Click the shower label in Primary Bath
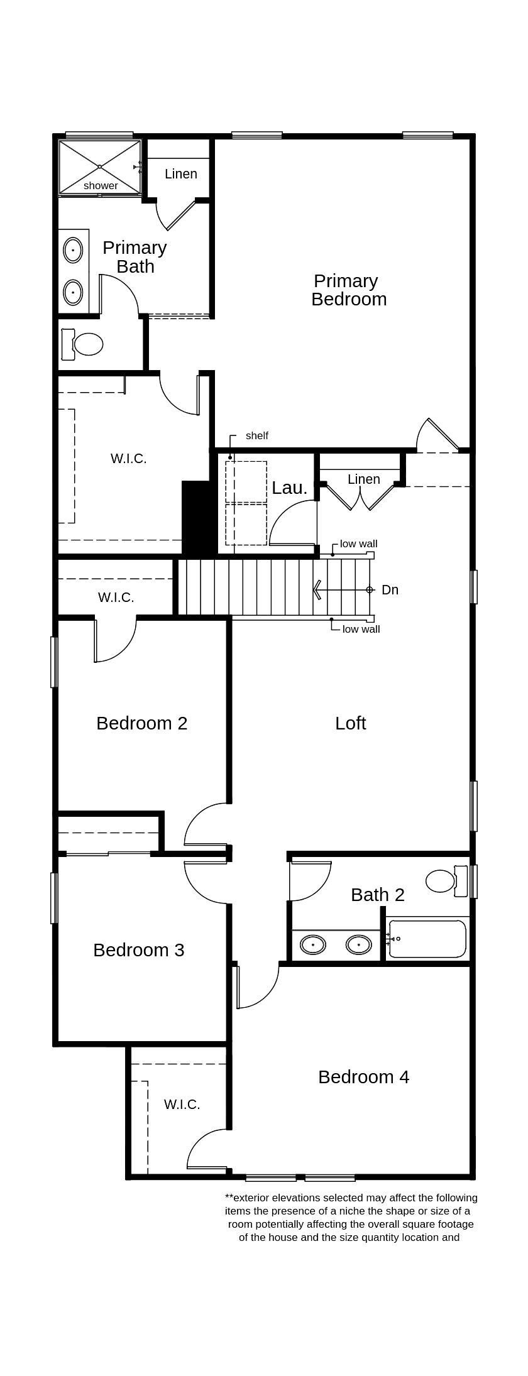pyautogui.click(x=101, y=185)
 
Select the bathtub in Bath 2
pyautogui.click(x=428, y=939)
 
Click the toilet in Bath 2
pyautogui.click(x=443, y=880)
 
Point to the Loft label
pyautogui.click(x=350, y=723)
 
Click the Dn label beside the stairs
pyautogui.click(x=390, y=589)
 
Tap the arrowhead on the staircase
pyautogui.click(x=317, y=589)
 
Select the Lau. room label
pyautogui.click(x=289, y=488)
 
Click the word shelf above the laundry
pyautogui.click(x=256, y=435)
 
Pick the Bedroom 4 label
pyautogui.click(x=363, y=1077)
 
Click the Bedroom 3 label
pyautogui.click(x=138, y=950)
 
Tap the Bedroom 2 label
pyautogui.click(x=141, y=723)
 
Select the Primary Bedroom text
pyautogui.click(x=348, y=290)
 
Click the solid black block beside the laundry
pyautogui.click(x=195, y=517)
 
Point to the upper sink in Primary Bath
pyautogui.click(x=74, y=250)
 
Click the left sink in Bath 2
pyautogui.click(x=312, y=944)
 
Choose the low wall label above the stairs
pyautogui.click(x=358, y=543)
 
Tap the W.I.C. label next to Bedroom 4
pyautogui.click(x=182, y=1105)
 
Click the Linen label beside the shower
pyautogui.click(x=180, y=174)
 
